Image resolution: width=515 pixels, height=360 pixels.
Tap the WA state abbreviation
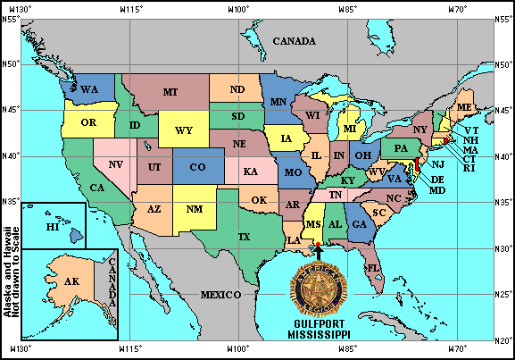[x=89, y=90]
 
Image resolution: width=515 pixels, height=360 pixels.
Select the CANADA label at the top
[x=294, y=42]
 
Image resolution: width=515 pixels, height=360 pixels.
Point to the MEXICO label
[x=220, y=294]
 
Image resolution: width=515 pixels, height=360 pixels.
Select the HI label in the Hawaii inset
[x=53, y=228]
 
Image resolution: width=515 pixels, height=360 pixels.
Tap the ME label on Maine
[x=464, y=107]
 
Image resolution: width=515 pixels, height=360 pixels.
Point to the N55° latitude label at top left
[x=11, y=18]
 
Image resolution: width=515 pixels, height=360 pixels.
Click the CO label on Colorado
[x=198, y=167]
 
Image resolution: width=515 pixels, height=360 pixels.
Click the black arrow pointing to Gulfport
[x=320, y=254]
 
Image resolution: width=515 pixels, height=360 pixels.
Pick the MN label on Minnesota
[x=278, y=102]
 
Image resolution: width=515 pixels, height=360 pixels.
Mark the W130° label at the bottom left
[x=21, y=349]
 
